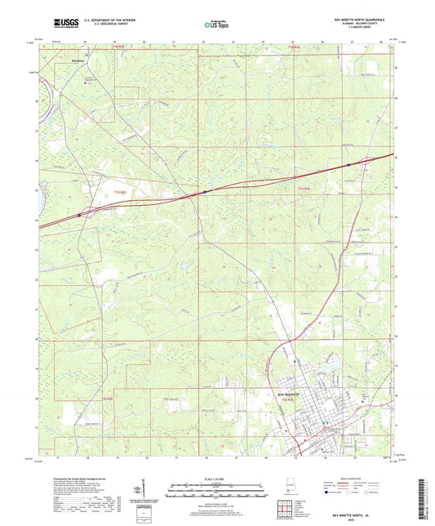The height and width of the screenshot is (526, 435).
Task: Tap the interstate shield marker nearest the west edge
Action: [80, 216]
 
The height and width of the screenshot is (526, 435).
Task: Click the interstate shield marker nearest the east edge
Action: [348, 165]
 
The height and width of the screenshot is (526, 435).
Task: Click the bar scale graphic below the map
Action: [216, 491]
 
